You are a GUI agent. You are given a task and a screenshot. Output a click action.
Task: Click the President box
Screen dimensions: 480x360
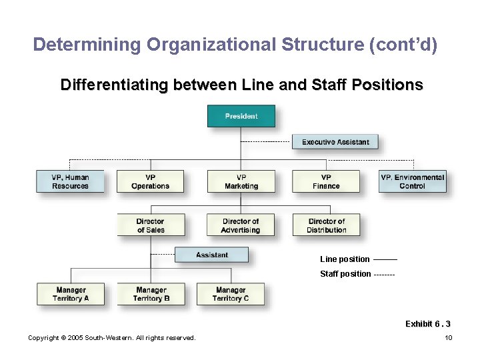241,116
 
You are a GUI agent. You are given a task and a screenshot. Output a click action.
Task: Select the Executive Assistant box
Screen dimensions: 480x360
335,142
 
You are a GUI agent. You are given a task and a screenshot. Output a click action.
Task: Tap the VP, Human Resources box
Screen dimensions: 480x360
71,181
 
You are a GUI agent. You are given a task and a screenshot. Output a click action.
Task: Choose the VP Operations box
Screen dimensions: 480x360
150,181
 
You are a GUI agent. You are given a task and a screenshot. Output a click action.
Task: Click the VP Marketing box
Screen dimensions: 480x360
241,181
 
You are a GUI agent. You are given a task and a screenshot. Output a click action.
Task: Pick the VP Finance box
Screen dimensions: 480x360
326,181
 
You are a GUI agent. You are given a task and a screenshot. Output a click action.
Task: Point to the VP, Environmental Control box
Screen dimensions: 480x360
412,181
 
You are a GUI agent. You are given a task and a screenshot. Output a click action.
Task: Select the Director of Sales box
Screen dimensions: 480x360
150,225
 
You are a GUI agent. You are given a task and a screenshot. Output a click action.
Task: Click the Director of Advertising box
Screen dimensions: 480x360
241,225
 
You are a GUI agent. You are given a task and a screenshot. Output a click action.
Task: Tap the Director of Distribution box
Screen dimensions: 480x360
326,225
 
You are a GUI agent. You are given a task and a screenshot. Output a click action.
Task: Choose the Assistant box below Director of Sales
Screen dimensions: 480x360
212,255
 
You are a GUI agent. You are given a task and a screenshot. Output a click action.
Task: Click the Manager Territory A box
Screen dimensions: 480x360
71,294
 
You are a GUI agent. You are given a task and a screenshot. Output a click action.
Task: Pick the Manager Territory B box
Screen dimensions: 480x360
151,294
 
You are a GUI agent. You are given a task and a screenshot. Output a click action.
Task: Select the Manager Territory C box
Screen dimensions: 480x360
231,294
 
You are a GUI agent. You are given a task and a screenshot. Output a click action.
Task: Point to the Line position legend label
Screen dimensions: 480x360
345,259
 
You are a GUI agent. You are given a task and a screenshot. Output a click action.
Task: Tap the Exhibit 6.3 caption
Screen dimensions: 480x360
427,324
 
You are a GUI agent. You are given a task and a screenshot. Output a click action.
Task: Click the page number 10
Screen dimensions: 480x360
449,338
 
